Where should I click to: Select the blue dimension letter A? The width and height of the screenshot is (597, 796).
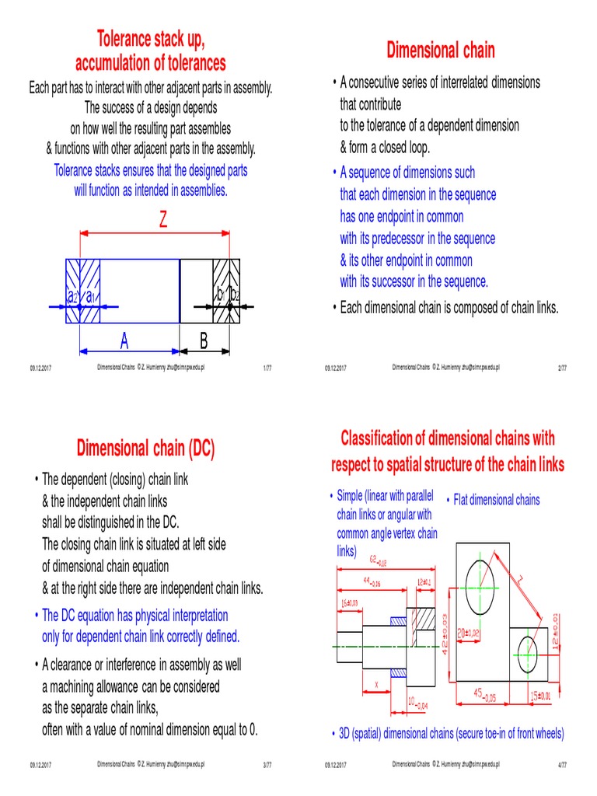click(x=124, y=340)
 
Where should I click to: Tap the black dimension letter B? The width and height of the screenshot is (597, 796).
click(x=204, y=340)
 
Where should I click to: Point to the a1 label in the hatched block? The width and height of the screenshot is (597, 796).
click(x=90, y=296)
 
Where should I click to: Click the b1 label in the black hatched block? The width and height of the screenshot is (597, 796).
click(x=220, y=295)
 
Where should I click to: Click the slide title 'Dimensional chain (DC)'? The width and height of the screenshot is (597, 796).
click(x=145, y=448)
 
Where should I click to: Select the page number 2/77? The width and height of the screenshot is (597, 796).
click(x=563, y=368)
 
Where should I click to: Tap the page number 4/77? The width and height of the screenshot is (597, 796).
click(x=563, y=766)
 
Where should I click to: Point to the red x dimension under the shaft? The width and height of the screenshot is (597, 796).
click(x=377, y=685)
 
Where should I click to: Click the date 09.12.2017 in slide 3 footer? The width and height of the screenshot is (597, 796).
click(x=40, y=766)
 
